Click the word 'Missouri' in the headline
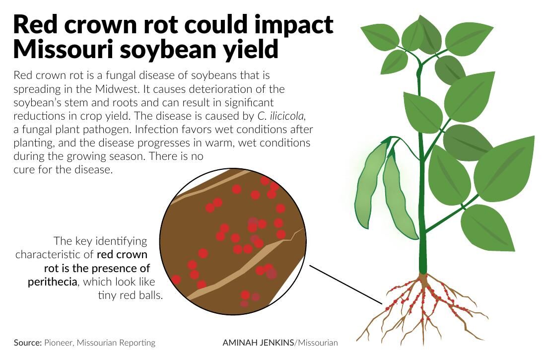point(64,49)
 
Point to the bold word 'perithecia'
point(53,282)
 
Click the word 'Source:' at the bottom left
point(28,343)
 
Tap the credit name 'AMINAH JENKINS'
point(258,343)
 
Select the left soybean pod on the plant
point(371,186)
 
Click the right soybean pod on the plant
point(399,196)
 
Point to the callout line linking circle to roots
point(346,285)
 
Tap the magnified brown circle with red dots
point(233,241)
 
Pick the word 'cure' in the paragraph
point(24,170)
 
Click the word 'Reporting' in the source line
point(137,343)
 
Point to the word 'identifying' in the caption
point(122,241)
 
